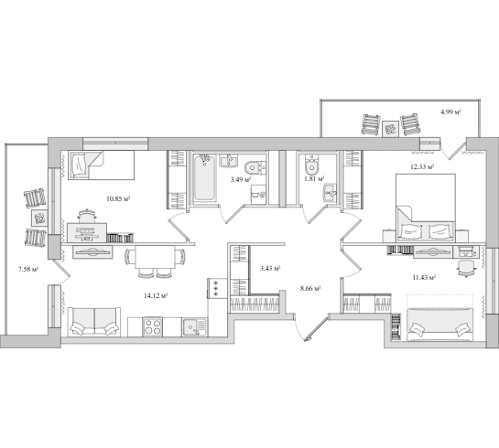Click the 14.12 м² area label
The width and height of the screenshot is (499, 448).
[x=156, y=296]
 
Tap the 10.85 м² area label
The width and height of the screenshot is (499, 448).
[x=118, y=199]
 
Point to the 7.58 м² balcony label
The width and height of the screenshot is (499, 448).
[x=28, y=270]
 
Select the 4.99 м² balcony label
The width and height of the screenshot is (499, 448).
[x=450, y=112]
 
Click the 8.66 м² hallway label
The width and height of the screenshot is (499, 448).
[x=310, y=289]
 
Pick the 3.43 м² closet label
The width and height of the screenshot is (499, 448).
[x=270, y=269]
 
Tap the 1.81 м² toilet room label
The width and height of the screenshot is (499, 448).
[x=314, y=179]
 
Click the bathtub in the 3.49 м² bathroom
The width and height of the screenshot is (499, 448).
[x=204, y=178]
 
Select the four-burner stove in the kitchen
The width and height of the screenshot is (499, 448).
[x=152, y=326]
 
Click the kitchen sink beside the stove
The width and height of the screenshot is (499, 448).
[x=194, y=327]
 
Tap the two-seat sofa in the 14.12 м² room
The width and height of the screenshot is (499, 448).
[x=94, y=322]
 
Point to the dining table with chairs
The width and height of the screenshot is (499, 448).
[x=155, y=261]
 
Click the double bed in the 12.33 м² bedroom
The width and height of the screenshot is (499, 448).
[x=425, y=208]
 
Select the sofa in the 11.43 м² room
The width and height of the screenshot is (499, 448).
[x=439, y=324]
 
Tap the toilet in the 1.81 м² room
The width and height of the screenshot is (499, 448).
[x=311, y=164]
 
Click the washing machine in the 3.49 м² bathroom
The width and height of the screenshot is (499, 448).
[x=258, y=195]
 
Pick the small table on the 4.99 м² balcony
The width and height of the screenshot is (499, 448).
[x=390, y=129]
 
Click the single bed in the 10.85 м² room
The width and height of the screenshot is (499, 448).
[x=102, y=165]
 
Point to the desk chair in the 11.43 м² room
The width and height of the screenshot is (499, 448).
[x=466, y=268]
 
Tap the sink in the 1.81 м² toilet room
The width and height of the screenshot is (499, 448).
[x=330, y=193]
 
